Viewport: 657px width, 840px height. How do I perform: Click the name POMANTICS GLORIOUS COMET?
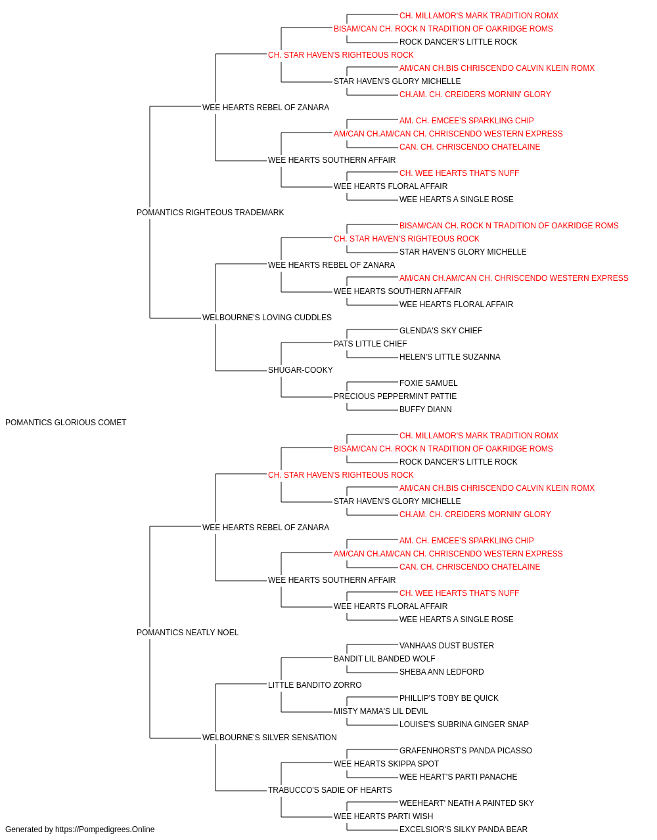[x=66, y=423]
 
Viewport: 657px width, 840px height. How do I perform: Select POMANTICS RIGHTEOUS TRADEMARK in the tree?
[x=210, y=213]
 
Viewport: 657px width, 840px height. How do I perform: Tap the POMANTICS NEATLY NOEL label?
[x=188, y=633]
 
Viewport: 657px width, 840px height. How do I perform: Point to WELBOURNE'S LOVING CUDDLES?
[x=267, y=318]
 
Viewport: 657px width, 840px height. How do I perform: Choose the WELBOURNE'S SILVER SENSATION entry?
[x=269, y=738]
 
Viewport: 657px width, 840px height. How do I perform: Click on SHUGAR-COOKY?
[x=300, y=370]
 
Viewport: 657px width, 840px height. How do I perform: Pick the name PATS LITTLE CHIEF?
[x=371, y=344]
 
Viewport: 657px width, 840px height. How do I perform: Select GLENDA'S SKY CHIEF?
[x=441, y=331]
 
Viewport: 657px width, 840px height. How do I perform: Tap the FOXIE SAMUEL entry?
[x=428, y=383]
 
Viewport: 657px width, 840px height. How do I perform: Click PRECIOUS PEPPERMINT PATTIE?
[x=395, y=396]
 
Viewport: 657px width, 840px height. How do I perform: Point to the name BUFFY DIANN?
[x=425, y=409]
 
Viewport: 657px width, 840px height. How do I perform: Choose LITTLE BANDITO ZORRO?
[x=315, y=685]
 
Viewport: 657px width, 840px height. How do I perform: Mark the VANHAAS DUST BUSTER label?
[x=447, y=646]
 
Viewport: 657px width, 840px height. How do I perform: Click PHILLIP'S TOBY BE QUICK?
[x=449, y=698]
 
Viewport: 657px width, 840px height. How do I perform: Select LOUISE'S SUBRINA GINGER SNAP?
[x=464, y=724]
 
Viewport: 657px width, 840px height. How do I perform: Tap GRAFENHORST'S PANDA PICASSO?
[x=465, y=751]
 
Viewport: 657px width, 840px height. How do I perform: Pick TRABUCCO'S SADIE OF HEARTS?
[x=330, y=790]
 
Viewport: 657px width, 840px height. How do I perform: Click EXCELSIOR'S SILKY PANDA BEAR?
[x=463, y=829]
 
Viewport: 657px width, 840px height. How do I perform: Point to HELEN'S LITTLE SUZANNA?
[x=449, y=357]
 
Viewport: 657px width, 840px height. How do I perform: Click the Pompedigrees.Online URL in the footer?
[x=105, y=829]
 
